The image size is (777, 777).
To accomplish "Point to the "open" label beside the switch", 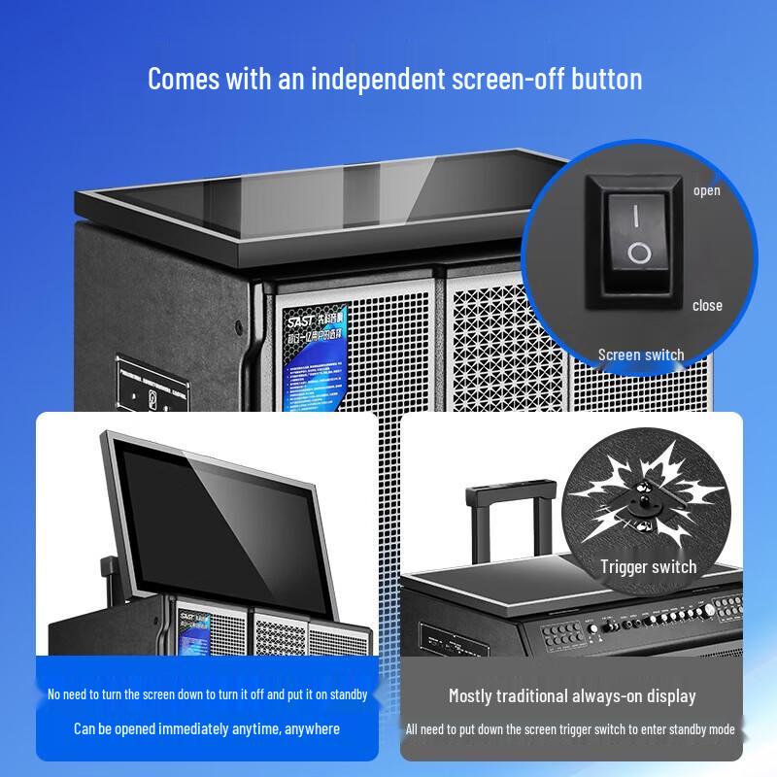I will (x=706, y=189).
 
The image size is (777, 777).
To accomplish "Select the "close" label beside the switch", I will (x=707, y=305).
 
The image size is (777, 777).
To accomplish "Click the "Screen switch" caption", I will (x=640, y=355).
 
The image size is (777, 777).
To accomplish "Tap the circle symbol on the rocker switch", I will (x=638, y=254).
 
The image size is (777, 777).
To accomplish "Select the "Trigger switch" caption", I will (x=648, y=566).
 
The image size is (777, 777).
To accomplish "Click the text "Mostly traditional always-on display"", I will (x=572, y=695).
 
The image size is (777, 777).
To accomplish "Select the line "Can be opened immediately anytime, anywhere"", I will (x=207, y=727).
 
